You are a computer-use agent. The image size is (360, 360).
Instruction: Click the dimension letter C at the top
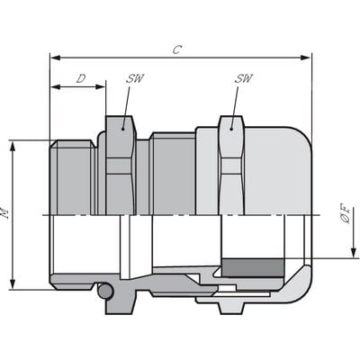(176, 49)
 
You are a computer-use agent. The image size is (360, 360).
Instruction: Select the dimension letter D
(80, 79)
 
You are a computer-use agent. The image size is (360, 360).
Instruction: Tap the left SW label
(135, 79)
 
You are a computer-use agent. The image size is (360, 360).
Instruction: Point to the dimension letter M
(6, 214)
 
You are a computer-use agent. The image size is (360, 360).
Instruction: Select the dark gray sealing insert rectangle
(253, 267)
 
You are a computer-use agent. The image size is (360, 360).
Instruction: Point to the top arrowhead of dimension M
(13, 145)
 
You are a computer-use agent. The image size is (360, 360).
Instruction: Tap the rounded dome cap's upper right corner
(301, 139)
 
